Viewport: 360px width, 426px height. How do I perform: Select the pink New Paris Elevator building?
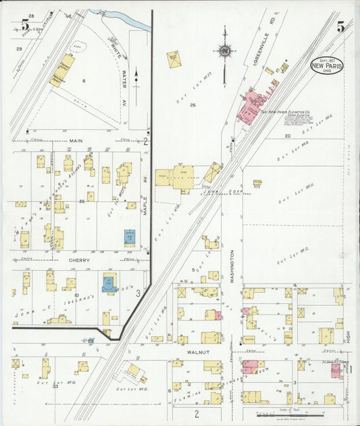255,105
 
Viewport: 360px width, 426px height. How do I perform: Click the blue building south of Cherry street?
108,284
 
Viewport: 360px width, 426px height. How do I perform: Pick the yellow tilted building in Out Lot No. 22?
174,59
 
